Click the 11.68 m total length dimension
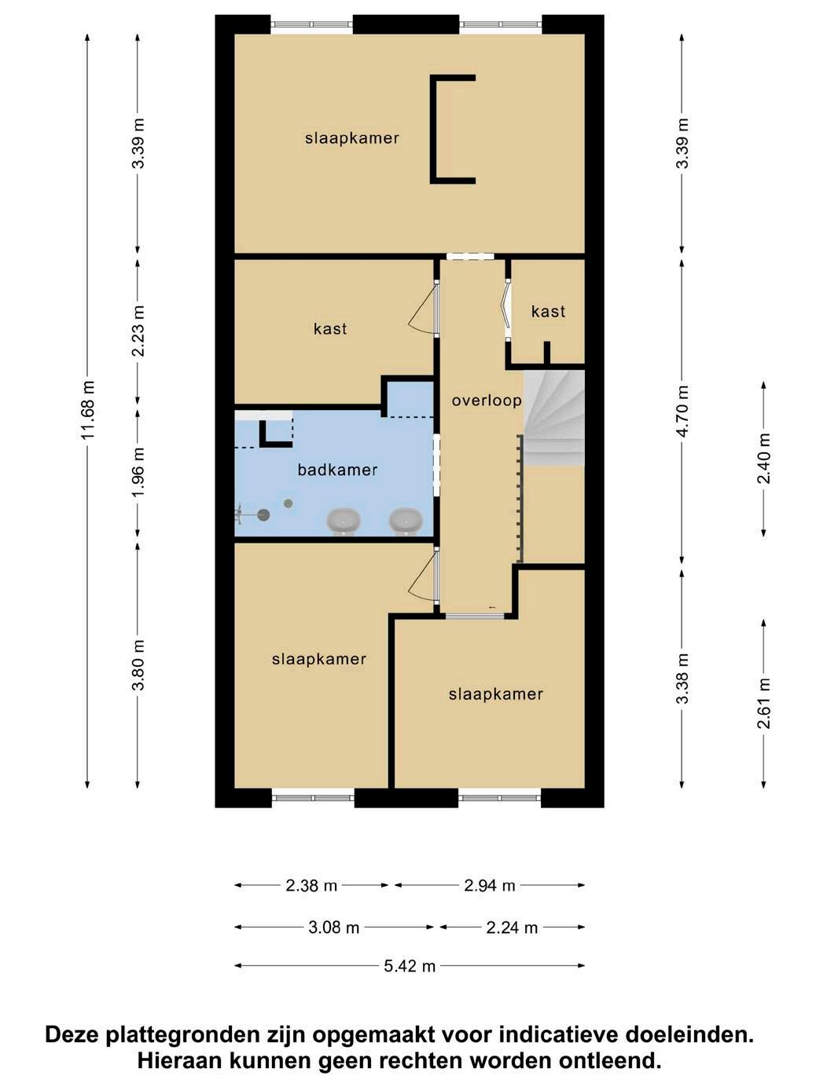pyautogui.click(x=88, y=411)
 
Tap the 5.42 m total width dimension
pyautogui.click(x=410, y=966)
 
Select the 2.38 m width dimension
pyautogui.click(x=311, y=885)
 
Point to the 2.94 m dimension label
pyautogui.click(x=490, y=885)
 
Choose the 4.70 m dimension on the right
pyautogui.click(x=682, y=411)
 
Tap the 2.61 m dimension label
pyautogui.click(x=763, y=703)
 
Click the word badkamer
pyautogui.click(x=337, y=470)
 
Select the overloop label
pyautogui.click(x=487, y=401)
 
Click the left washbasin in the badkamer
pyautogui.click(x=343, y=521)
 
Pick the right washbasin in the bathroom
pyautogui.click(x=406, y=521)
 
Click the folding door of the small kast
pyautogui.click(x=506, y=310)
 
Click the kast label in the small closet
pyautogui.click(x=548, y=311)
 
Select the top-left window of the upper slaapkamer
pyautogui.click(x=311, y=24)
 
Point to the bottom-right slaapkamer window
pyautogui.click(x=499, y=798)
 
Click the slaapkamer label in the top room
pyautogui.click(x=351, y=138)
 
